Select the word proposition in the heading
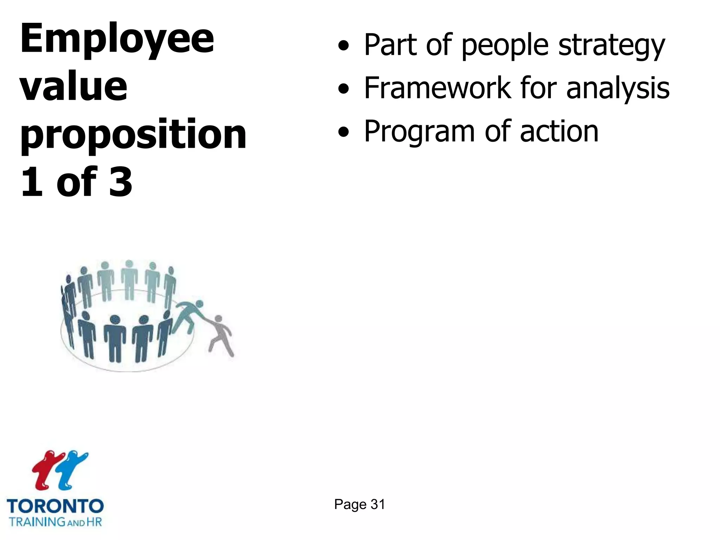click(134, 135)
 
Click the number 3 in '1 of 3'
click(121, 182)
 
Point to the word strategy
click(611, 46)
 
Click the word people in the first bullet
click(505, 46)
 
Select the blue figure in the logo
click(72, 469)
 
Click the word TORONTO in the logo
click(55, 507)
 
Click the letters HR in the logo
click(94, 521)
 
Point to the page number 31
click(378, 504)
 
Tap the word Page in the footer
click(350, 504)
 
